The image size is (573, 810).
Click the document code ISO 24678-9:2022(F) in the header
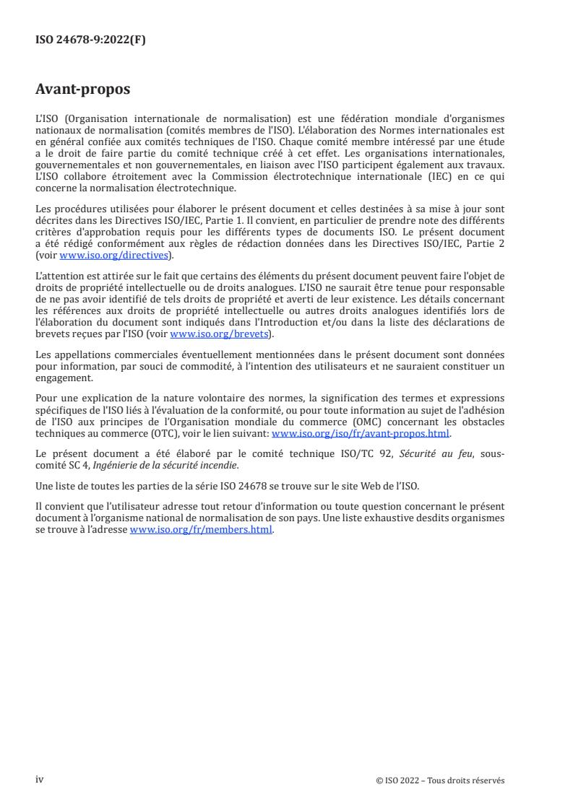point(90,40)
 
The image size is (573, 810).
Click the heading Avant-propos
point(83,90)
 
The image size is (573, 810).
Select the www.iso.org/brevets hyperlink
point(217,334)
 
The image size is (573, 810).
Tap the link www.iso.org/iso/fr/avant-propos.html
point(360,433)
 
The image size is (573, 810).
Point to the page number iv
point(40,780)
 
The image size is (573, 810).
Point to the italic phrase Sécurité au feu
point(431,453)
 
